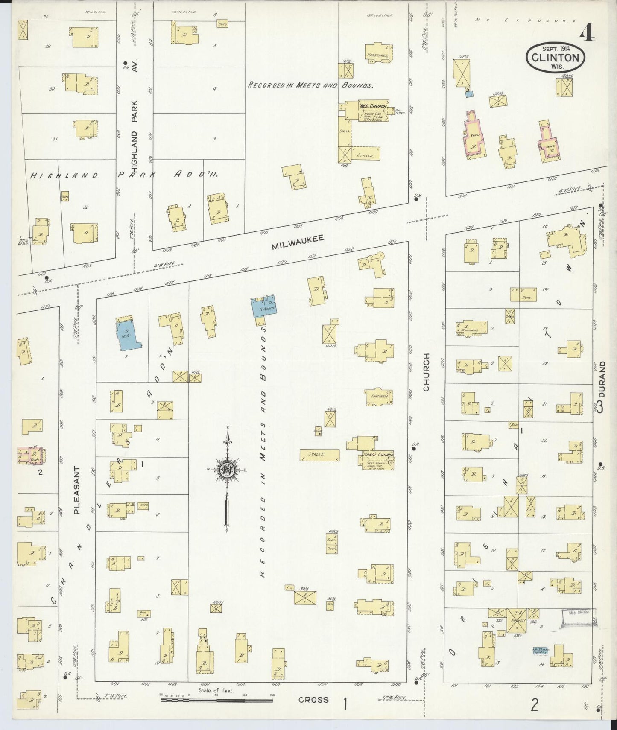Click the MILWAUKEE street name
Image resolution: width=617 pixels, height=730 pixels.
tap(298, 242)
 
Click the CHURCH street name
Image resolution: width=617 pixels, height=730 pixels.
tap(426, 372)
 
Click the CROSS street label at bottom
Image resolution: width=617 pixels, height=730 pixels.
tap(313, 700)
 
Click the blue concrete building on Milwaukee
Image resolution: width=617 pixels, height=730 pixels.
tap(264, 306)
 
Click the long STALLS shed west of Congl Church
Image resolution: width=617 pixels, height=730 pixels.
tap(319, 455)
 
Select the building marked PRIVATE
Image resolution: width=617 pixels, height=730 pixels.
tap(517, 620)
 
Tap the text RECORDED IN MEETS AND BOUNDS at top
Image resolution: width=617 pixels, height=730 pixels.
tap(310, 85)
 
